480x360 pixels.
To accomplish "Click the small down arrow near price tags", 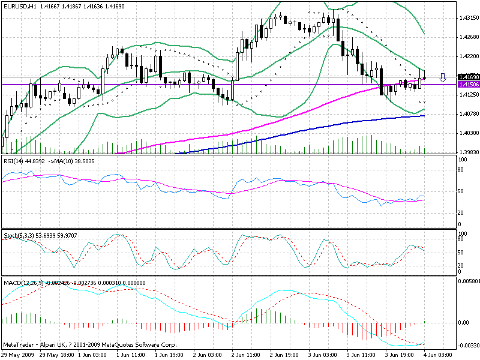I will [x=443, y=77].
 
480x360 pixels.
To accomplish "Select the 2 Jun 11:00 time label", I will [x=246, y=355].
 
